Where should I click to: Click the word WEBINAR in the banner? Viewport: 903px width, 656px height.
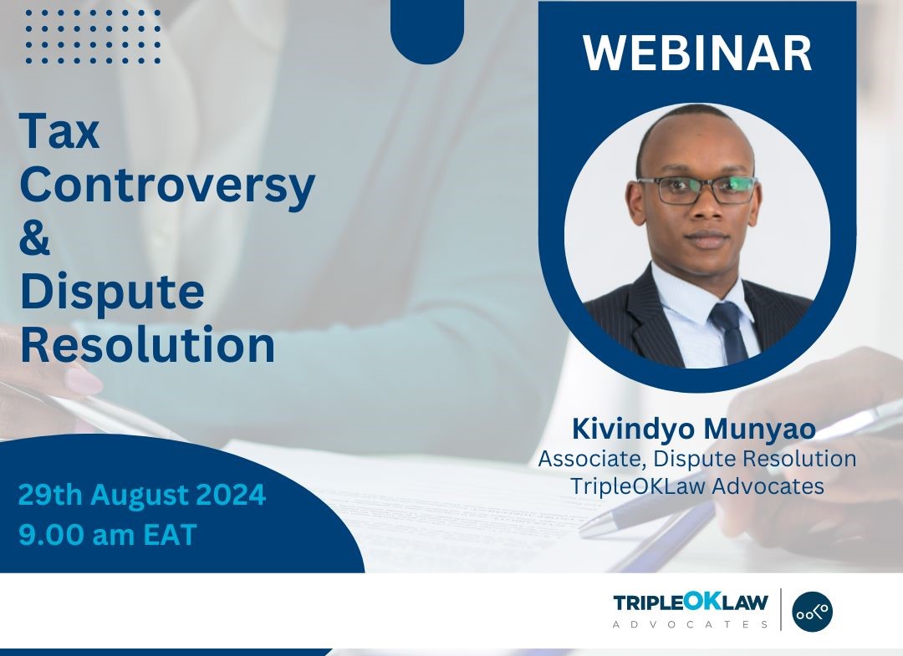pos(697,53)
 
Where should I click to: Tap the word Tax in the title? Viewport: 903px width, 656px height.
pos(59,131)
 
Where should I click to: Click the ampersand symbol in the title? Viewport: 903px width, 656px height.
pos(34,238)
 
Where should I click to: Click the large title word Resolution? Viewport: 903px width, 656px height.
pos(147,344)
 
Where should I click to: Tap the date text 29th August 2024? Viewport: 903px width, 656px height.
pos(142,495)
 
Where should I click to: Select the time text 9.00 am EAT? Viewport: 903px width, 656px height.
pos(108,534)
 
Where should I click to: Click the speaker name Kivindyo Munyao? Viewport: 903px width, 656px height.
pos(694,430)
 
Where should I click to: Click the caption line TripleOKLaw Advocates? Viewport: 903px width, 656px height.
pos(696,486)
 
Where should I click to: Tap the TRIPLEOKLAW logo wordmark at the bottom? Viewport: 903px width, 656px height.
pos(691,603)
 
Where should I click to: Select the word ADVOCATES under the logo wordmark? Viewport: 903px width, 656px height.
pos(691,624)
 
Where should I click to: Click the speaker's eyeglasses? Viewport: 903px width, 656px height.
pos(697,190)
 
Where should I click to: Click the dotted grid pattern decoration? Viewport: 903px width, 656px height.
pos(93,36)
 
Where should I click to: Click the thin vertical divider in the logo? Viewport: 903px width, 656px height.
pos(781,609)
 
